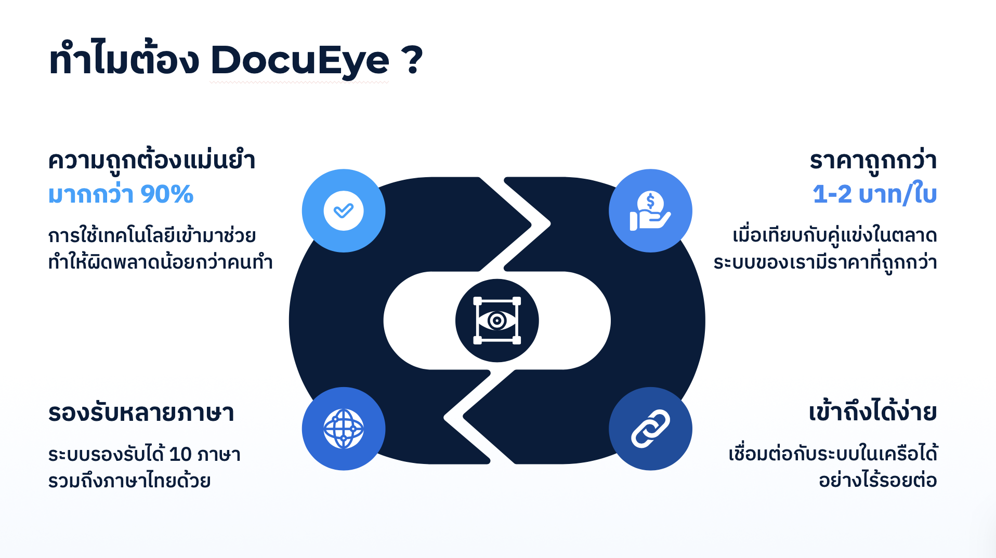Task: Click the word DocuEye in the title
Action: click(299, 61)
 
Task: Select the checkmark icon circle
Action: click(344, 210)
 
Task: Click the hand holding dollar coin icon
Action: click(650, 210)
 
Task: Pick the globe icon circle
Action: click(344, 429)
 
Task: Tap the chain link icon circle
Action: click(650, 429)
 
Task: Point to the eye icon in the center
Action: click(497, 321)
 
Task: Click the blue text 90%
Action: click(167, 194)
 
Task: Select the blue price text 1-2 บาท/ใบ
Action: click(875, 194)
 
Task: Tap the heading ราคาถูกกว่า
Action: click(873, 160)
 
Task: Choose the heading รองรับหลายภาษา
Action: click(141, 413)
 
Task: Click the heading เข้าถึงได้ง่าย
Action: click(873, 411)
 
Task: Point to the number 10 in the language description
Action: click(180, 455)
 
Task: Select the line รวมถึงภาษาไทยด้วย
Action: click(129, 480)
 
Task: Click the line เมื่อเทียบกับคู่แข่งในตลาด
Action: click(835, 235)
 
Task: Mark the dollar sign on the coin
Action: click(650, 201)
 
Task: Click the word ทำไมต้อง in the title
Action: click(124, 58)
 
